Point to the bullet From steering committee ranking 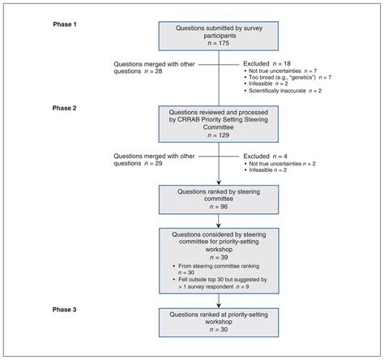tap(223, 265)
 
